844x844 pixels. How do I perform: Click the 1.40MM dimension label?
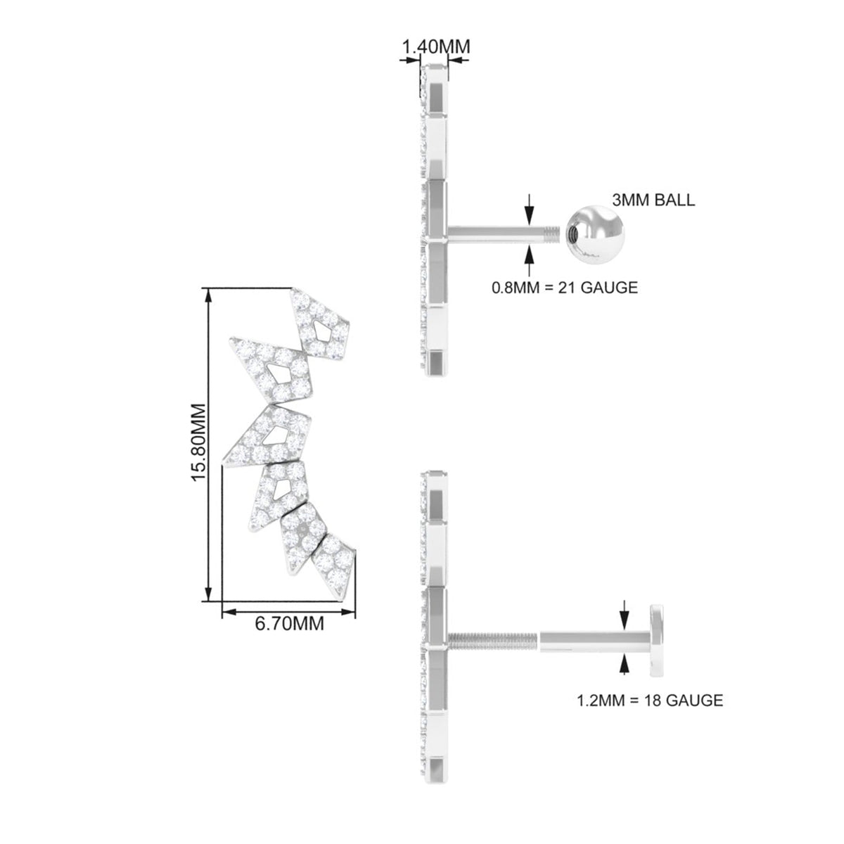(x=436, y=46)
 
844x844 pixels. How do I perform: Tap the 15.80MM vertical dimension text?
(x=199, y=442)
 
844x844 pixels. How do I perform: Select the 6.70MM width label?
(x=290, y=623)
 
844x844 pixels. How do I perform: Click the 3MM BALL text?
(x=653, y=200)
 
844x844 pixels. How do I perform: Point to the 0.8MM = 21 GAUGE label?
(x=565, y=288)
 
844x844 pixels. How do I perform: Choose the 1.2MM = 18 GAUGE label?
(x=650, y=700)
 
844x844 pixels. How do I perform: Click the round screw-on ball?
(x=595, y=236)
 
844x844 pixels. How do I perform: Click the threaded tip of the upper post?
(x=552, y=233)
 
